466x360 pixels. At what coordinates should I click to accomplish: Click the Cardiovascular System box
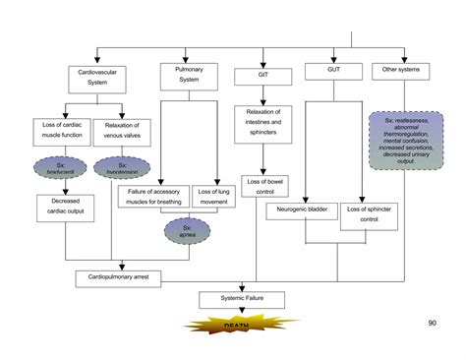[97, 78]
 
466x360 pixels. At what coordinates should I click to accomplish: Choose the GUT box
[332, 72]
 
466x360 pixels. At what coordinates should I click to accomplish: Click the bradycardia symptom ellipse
[64, 167]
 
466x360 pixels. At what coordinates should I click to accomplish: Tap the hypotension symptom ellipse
[122, 167]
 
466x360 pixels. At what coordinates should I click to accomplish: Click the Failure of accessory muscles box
[154, 196]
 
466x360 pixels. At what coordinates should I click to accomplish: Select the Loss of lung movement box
[214, 196]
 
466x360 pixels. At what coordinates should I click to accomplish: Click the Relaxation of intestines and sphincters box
[260, 125]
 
